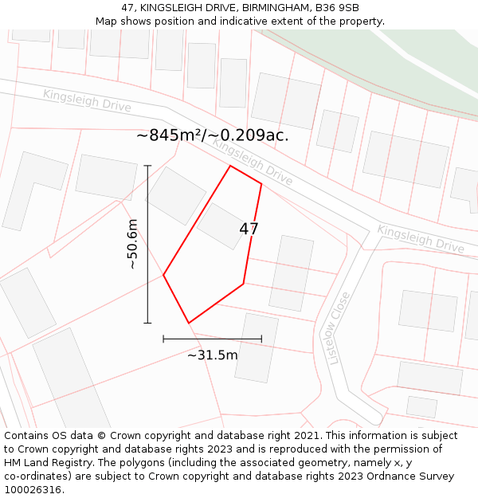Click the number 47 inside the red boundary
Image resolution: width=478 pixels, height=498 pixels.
click(x=249, y=229)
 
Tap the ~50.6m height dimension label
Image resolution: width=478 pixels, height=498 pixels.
click(x=132, y=244)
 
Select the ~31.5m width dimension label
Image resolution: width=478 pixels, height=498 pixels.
click(x=212, y=355)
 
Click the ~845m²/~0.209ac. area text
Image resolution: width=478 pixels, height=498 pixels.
click(x=212, y=135)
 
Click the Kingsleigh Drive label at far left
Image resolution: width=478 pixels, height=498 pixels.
click(x=86, y=100)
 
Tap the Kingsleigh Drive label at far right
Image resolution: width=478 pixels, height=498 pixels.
click(x=420, y=239)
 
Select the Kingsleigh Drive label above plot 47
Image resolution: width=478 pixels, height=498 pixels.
click(x=252, y=163)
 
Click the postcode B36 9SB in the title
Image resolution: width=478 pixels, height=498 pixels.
click(x=336, y=8)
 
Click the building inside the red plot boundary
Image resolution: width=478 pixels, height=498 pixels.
click(x=221, y=225)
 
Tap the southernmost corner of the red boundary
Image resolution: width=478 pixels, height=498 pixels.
click(x=189, y=323)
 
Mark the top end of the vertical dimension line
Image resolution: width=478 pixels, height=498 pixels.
click(x=147, y=166)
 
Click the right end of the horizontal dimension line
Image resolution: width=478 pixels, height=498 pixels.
click(x=261, y=339)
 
